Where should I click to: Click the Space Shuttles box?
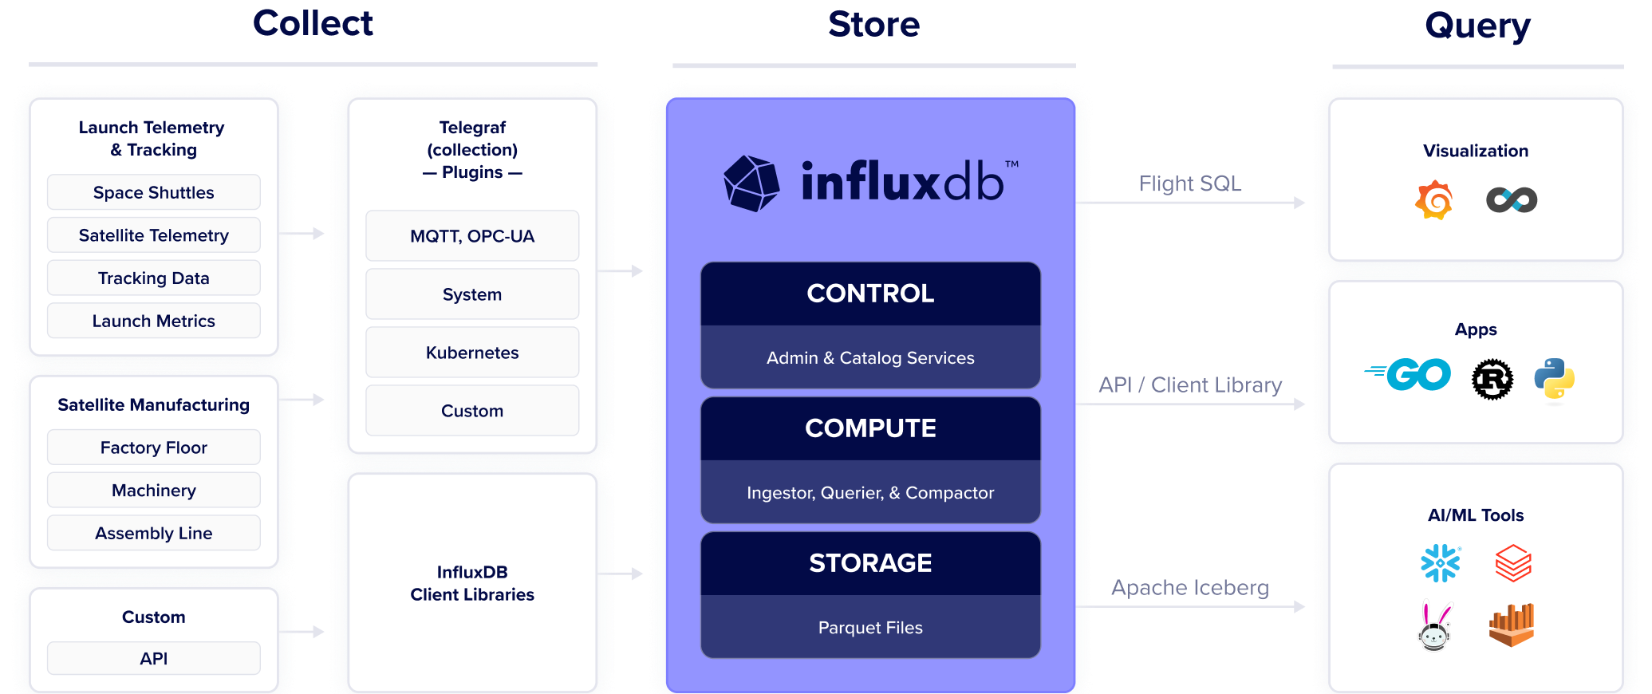coord(153,192)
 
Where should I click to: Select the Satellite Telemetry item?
coord(153,235)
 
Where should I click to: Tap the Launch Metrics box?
coord(153,321)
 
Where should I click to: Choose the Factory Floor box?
coord(153,448)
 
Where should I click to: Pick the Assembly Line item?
coord(153,533)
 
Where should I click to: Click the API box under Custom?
coord(153,658)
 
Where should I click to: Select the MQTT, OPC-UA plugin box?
coord(472,236)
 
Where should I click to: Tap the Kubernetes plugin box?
coord(472,353)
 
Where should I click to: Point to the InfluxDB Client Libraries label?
coord(472,583)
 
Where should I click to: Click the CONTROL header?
coord(870,294)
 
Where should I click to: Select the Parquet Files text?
coord(870,628)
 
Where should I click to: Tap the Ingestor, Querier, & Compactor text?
coord(870,493)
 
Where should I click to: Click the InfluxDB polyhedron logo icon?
coord(751,183)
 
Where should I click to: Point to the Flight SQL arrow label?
coord(1189,184)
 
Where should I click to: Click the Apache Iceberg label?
coord(1189,588)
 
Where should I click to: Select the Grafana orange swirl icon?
coord(1434,199)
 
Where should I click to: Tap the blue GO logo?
coord(1410,374)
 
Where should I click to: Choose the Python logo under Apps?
coord(1554,378)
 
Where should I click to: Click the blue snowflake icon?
coord(1441,563)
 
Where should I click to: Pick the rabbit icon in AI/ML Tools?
coord(1435,628)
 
